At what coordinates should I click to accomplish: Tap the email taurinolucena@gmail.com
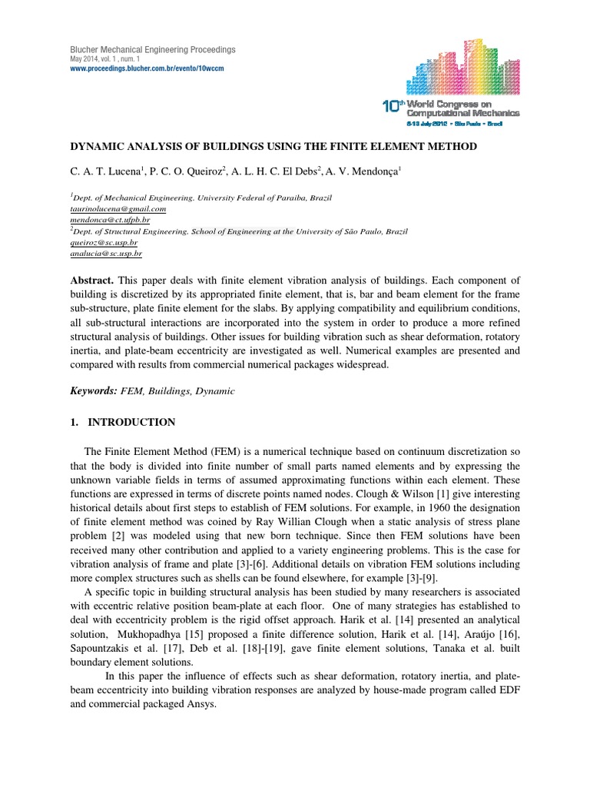(118, 208)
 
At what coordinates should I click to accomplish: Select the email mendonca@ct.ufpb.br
(110, 219)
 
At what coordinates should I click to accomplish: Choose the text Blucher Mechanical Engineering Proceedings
(153, 50)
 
